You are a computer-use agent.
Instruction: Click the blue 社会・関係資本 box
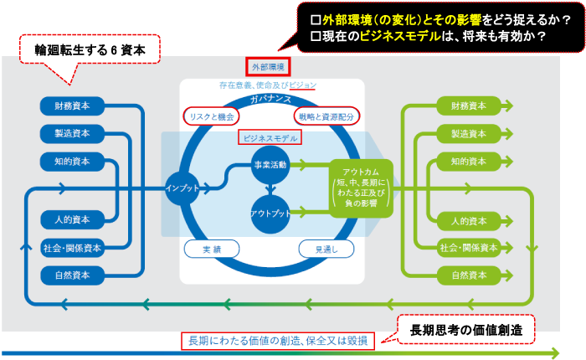click(x=72, y=248)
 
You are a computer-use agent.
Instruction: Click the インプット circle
click(x=182, y=187)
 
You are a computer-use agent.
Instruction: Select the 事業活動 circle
click(x=270, y=166)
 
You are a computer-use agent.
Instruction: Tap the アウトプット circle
click(x=270, y=213)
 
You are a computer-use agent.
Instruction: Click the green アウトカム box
click(x=362, y=188)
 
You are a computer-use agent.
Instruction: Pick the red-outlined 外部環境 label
click(x=269, y=66)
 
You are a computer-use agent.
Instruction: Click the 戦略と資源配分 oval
click(x=326, y=116)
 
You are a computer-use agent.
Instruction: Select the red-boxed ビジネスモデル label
click(x=270, y=137)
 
